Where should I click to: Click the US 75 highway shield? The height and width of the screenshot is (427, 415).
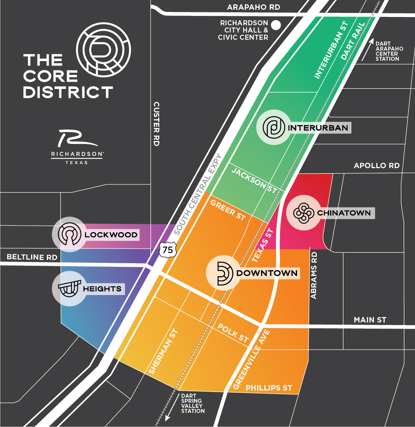click(x=168, y=250)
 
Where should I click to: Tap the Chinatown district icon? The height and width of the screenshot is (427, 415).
click(x=303, y=213)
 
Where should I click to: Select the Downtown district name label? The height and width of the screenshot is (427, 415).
click(x=267, y=273)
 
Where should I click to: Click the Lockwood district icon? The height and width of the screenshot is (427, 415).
click(x=69, y=234)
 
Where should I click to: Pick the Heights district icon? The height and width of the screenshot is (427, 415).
click(x=69, y=289)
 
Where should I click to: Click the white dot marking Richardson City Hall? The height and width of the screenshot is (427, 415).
click(x=276, y=25)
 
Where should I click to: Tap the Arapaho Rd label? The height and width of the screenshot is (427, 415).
click(x=254, y=7)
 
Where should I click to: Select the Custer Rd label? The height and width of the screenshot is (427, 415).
click(x=156, y=124)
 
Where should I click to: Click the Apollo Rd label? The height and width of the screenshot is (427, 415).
click(x=376, y=166)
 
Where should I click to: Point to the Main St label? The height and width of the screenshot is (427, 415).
click(x=370, y=320)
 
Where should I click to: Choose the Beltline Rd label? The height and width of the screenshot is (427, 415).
click(x=32, y=257)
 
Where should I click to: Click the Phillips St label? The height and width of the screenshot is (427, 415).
click(x=269, y=388)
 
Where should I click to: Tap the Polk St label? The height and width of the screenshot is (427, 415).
click(x=233, y=333)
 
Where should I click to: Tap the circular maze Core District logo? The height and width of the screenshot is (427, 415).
click(x=103, y=49)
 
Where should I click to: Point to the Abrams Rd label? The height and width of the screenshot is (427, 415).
click(x=314, y=276)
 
